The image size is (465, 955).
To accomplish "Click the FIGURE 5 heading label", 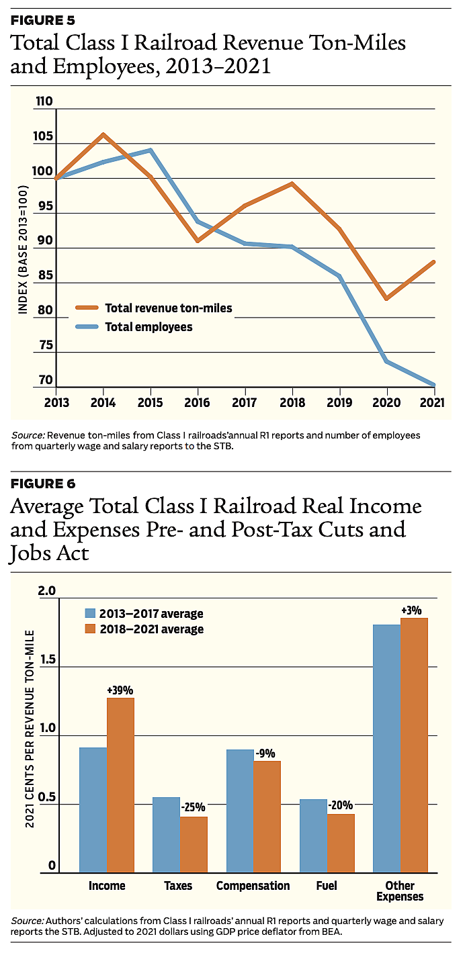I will coord(43,19).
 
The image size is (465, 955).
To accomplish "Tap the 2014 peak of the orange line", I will coord(103,134).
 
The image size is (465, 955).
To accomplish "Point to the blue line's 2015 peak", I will coord(150,150).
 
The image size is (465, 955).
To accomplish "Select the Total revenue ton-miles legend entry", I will coord(168,308).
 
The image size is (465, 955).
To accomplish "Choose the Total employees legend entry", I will coord(149,327).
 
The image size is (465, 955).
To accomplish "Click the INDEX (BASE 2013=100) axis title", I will coord(23,242).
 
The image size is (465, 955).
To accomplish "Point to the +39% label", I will coord(120,690).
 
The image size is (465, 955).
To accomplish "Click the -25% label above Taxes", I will coord(193,807).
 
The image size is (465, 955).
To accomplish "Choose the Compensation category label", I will coord(253,886).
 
